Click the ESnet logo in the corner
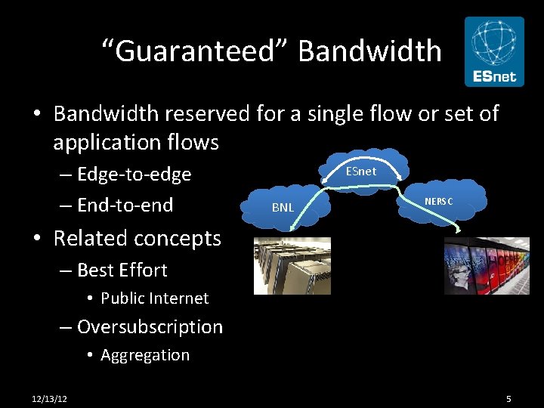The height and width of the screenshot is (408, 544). [493, 51]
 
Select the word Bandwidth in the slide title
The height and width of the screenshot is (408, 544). [369, 51]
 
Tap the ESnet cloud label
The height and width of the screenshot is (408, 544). [360, 172]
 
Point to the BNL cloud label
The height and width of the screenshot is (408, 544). [283, 207]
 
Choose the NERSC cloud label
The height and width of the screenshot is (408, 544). [439, 201]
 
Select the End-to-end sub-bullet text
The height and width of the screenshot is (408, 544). [125, 205]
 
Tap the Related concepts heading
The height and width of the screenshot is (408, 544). [138, 238]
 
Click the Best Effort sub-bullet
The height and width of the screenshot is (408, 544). [122, 270]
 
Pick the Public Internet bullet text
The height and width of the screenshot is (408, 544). [154, 298]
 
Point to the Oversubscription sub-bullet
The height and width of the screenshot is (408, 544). [150, 327]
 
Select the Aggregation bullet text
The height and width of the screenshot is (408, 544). [145, 355]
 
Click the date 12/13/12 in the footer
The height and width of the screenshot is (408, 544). [49, 398]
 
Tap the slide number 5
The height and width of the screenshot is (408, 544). [508, 398]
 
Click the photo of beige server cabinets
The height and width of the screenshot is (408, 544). [292, 265]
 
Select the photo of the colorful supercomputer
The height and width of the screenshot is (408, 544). [487, 265]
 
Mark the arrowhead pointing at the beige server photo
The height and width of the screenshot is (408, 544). [297, 224]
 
